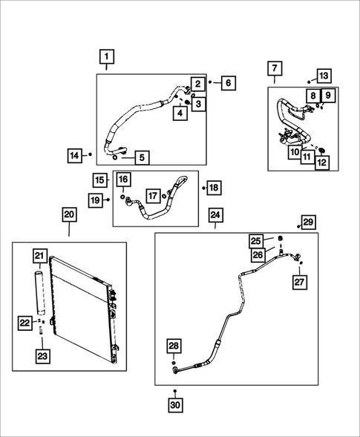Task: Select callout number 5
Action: click(141, 157)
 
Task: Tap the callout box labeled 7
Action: click(274, 70)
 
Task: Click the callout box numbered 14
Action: click(74, 155)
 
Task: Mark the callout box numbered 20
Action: click(68, 215)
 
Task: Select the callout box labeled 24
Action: click(215, 215)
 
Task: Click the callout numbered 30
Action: click(174, 406)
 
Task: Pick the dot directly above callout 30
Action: click(174, 390)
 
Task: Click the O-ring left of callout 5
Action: click(117, 157)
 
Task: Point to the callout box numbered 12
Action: click(322, 161)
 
